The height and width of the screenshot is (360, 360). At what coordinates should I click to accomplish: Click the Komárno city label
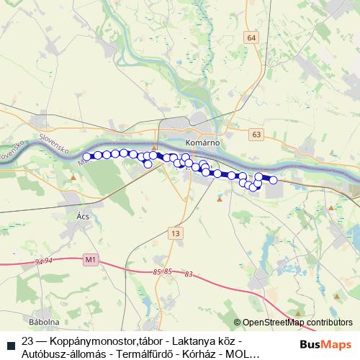coord(202,143)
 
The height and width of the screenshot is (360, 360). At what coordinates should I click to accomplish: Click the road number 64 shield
coord(251,37)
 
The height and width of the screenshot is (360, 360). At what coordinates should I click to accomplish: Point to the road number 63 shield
coord(258,134)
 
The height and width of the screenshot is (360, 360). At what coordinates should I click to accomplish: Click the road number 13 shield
coord(175,233)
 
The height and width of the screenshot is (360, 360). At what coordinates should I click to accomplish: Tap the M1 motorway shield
coord(90,259)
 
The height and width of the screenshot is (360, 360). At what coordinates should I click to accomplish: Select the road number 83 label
coord(189,274)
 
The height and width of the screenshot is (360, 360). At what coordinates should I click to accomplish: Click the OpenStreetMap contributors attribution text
coord(297,323)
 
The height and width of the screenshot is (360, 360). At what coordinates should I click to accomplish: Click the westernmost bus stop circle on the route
coord(87,156)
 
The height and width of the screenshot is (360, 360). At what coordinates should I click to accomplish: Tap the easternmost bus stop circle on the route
coord(273,180)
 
